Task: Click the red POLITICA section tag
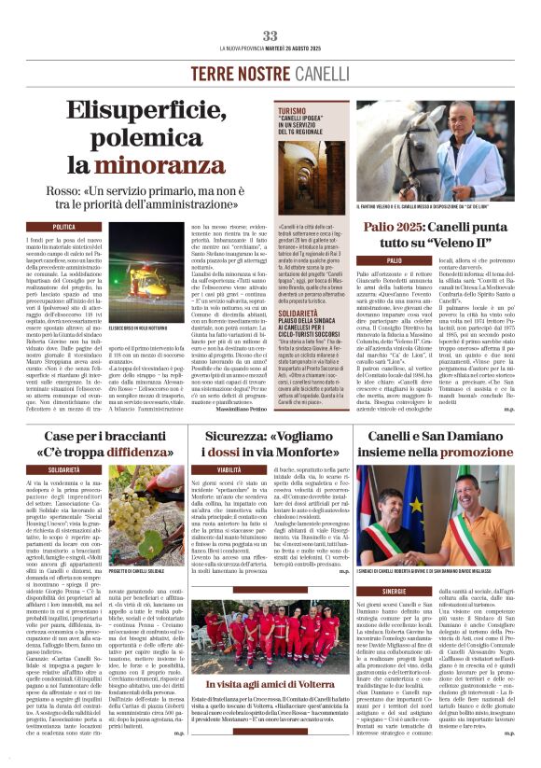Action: [64, 227]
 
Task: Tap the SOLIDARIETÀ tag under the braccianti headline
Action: [64, 469]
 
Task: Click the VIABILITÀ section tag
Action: [229, 469]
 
